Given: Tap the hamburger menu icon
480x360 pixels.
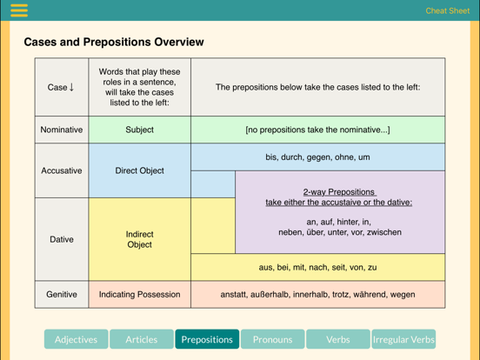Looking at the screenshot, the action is tap(19, 10).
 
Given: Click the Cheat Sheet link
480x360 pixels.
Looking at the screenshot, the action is tap(447, 10).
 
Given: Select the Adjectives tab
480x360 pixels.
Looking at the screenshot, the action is tap(76, 339).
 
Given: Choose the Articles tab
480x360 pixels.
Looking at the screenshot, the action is tap(142, 339).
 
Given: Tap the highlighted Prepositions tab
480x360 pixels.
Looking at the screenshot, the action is tap(207, 339).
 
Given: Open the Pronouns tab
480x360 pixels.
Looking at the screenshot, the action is tap(272, 339).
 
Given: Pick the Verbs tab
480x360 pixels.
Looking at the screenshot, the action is tap(338, 339).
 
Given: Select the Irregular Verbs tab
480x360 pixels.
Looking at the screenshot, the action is tap(403, 339).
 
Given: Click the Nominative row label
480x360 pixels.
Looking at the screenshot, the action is tap(62, 130).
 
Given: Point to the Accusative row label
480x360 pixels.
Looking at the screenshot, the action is tap(62, 170).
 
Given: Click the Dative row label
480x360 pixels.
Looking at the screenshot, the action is tap(62, 239).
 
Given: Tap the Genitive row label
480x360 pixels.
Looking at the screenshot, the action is tap(62, 295).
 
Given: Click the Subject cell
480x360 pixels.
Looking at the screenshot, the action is tap(140, 130).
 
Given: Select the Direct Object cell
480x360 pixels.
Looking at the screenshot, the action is tap(140, 170).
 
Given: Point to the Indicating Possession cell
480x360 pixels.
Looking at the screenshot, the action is tap(140, 295).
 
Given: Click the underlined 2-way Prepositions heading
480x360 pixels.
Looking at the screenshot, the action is tap(339, 192).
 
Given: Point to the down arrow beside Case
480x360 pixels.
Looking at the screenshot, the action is tap(71, 87).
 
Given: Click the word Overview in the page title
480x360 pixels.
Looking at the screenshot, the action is tap(179, 42).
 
